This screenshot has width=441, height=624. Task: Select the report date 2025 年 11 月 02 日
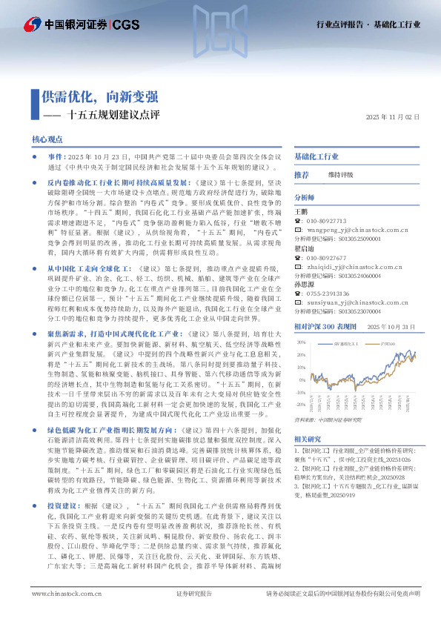[x=393, y=118]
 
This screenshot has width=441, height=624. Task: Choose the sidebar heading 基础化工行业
[x=316, y=157]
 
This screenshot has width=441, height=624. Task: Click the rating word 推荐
[x=302, y=174]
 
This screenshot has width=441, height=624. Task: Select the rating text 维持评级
[x=341, y=174]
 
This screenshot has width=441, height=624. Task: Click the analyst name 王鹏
[x=301, y=211]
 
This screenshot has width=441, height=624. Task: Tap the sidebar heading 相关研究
[x=308, y=439]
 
